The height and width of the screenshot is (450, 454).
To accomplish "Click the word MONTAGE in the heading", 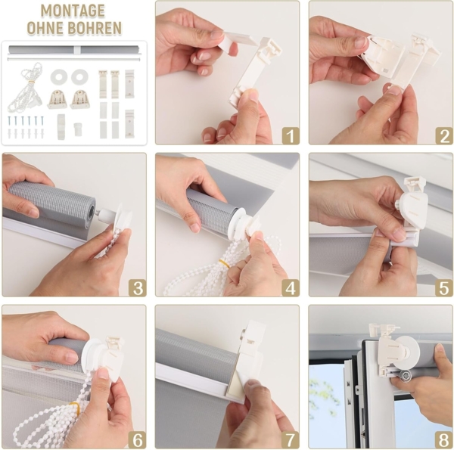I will click(x=73, y=11).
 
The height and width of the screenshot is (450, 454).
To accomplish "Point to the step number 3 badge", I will click(x=137, y=287).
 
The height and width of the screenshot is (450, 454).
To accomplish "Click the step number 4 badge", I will click(x=290, y=287).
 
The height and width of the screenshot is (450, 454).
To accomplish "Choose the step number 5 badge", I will click(x=441, y=287).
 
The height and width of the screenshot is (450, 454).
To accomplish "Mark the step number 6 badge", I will click(x=137, y=439).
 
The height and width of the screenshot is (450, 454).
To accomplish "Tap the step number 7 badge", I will click(x=290, y=439).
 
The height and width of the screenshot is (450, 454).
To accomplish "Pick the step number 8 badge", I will click(x=441, y=439).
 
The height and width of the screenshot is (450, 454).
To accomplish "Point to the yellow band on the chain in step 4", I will click(x=224, y=264).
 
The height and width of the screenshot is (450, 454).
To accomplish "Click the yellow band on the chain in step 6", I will click(x=76, y=408).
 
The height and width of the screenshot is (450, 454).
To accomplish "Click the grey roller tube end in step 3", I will click(x=89, y=210).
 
